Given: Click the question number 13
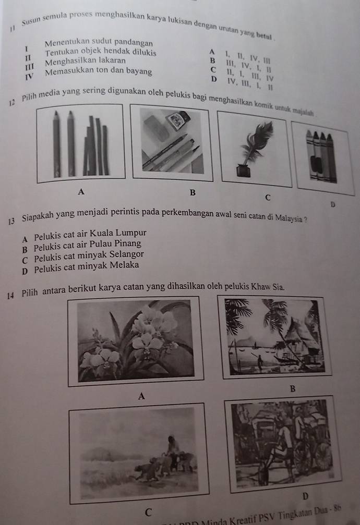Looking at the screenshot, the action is pyautogui.click(x=11, y=221).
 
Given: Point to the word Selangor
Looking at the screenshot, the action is pyautogui.click(x=126, y=255).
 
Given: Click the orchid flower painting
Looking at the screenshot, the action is pyautogui.click(x=136, y=341).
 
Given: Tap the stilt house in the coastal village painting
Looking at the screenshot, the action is pyautogui.click(x=302, y=338).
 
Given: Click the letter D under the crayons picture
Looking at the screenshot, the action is pyautogui.click(x=332, y=204).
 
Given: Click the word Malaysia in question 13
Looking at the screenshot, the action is pyautogui.click(x=289, y=218).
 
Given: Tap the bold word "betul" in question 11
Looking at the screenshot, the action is pyautogui.click(x=264, y=35).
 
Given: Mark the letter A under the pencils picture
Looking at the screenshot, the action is pyautogui.click(x=81, y=192).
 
